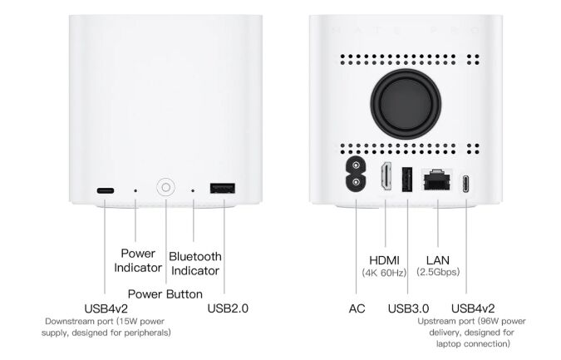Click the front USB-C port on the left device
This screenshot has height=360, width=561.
click(x=106, y=190)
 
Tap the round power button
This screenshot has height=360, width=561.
click(x=165, y=187)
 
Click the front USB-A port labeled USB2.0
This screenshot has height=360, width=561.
click(x=223, y=188)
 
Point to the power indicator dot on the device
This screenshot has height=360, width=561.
click(x=135, y=190)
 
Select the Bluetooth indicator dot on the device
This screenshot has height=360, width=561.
click(x=193, y=190)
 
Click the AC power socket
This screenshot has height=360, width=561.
click(x=356, y=175)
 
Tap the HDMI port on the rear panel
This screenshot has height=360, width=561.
click(x=386, y=175)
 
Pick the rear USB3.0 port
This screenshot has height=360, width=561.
click(x=407, y=179)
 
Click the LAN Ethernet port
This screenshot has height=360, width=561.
click(x=437, y=179)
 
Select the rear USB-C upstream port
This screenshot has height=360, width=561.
click(x=465, y=184)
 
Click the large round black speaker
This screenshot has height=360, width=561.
click(x=406, y=104)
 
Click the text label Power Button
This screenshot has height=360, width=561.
click(x=165, y=294)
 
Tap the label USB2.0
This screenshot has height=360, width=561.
click(x=228, y=308)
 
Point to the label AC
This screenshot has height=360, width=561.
click(x=357, y=308)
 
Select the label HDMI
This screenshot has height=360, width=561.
click(x=384, y=260)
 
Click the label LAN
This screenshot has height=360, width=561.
click(x=437, y=260)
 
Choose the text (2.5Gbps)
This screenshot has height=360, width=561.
click(x=438, y=272)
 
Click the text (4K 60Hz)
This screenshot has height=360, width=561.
click(x=384, y=273)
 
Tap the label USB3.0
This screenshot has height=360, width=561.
click(x=408, y=308)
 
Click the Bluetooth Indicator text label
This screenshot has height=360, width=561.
click(x=195, y=264)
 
